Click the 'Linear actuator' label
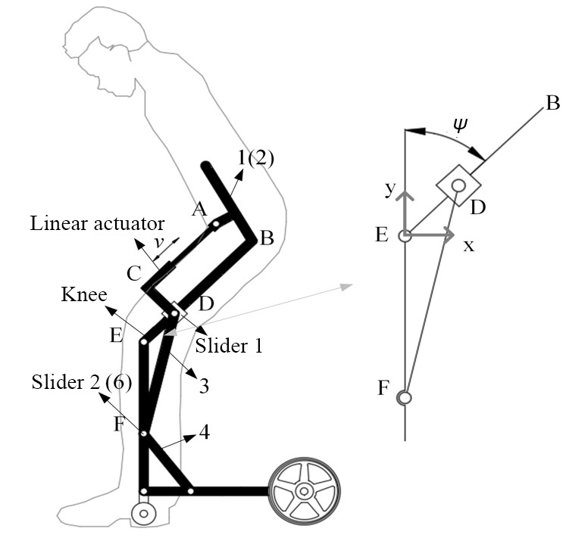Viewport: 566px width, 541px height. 98,224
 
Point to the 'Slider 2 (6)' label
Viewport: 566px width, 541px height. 81,383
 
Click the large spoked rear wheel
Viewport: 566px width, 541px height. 303,491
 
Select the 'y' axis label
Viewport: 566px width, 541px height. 391,189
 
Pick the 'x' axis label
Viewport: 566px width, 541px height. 469,246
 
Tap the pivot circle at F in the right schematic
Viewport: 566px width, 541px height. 405,397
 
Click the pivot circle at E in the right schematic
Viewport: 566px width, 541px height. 405,235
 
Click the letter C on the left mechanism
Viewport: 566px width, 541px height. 134,274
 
